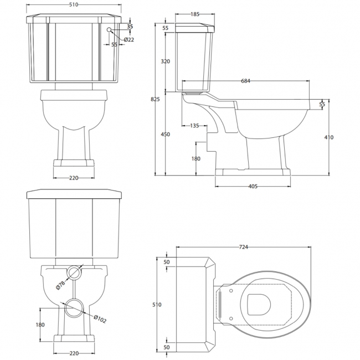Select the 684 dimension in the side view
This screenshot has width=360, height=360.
pos(246,81)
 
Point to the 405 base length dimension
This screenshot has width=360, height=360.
pos(253,187)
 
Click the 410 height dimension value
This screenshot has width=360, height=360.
pos(329,138)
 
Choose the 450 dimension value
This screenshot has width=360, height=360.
pos(166,135)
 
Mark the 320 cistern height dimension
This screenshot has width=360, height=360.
pos(166,62)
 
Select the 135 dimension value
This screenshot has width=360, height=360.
pos(194,126)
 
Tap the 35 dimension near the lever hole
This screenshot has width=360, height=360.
pos(130,25)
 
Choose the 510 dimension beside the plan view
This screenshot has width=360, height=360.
pos(157,304)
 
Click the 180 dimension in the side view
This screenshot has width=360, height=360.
pos(197,159)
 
